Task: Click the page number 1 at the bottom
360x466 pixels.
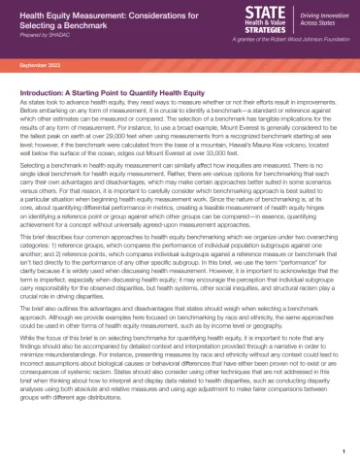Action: (x=344, y=450)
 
